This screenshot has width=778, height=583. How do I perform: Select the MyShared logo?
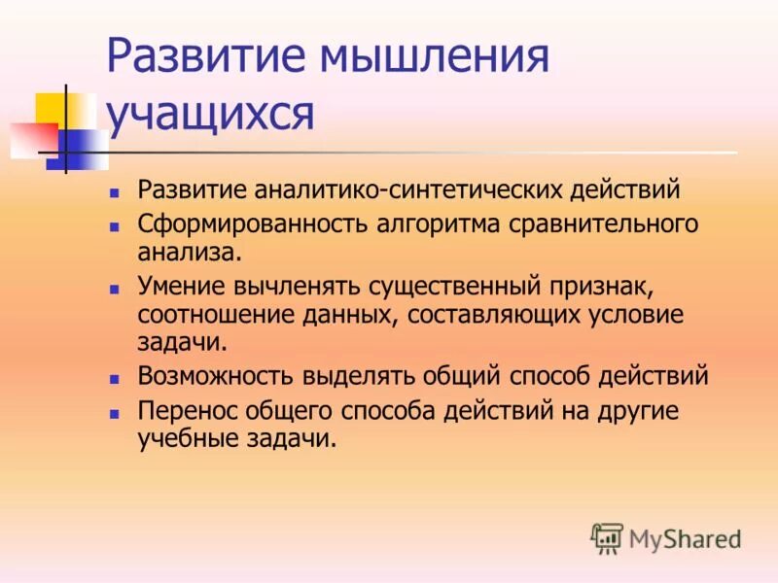click(x=666, y=536)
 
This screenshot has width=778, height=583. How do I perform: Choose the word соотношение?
click(x=200, y=315)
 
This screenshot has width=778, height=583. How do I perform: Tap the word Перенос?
click(x=185, y=410)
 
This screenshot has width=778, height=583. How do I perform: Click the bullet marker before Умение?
click(x=114, y=289)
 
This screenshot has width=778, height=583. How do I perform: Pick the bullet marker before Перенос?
click(x=114, y=412)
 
